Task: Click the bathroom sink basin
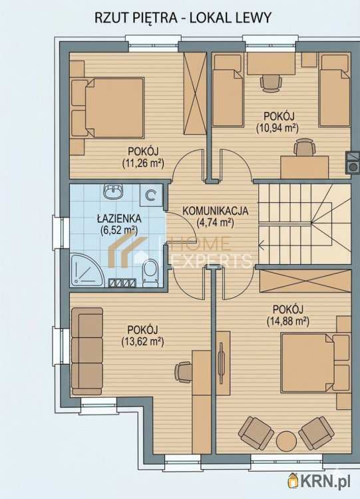(113, 192)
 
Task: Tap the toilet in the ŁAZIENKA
(150, 272)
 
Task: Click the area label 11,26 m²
(143, 164)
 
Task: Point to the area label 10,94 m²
(277, 128)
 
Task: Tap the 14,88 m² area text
(287, 321)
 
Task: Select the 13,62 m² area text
(142, 342)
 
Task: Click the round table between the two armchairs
(287, 441)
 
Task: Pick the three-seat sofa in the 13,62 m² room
(87, 351)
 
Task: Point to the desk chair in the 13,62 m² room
(183, 372)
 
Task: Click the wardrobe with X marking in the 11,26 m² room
(195, 95)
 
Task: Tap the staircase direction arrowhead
(262, 245)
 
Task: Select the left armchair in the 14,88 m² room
(257, 432)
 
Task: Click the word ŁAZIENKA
(119, 219)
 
